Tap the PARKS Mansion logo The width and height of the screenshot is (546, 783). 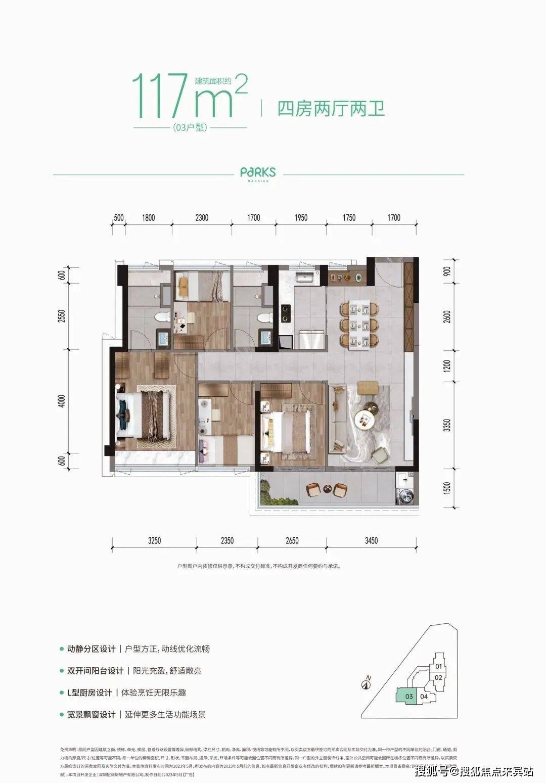pyautogui.click(x=258, y=173)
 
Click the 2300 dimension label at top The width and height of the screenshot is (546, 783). pyautogui.click(x=201, y=218)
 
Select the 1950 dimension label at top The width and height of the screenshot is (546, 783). pyautogui.click(x=301, y=218)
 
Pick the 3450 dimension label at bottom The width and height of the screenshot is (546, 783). pyautogui.click(x=371, y=541)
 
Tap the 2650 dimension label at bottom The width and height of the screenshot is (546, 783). pyautogui.click(x=292, y=541)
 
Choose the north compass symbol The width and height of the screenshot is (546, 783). pyautogui.click(x=368, y=684)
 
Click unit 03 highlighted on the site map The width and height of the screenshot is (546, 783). pyautogui.click(x=408, y=696)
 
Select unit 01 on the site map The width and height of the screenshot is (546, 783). pyautogui.click(x=439, y=666)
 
